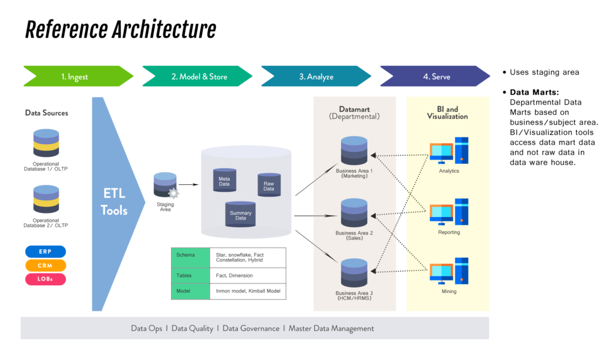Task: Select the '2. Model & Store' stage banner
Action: (x=197, y=77)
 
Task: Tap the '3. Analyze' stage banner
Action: (x=316, y=77)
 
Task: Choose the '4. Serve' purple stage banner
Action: (x=435, y=77)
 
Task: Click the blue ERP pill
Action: (x=45, y=252)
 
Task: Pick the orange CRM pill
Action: (x=45, y=266)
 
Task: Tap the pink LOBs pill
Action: (x=45, y=279)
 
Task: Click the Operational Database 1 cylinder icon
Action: (x=46, y=146)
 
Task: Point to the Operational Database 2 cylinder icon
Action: (x=46, y=199)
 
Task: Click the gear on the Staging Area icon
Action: (x=174, y=193)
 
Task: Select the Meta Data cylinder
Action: (x=224, y=180)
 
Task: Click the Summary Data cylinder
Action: (x=240, y=215)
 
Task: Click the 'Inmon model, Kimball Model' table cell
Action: (x=247, y=292)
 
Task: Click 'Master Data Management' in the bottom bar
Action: (x=331, y=328)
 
